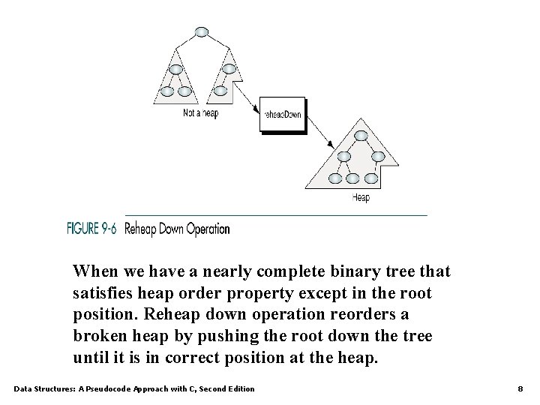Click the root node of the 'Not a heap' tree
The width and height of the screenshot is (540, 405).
click(x=200, y=32)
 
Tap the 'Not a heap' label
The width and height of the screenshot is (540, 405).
click(x=200, y=113)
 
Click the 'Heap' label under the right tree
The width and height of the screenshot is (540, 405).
click(x=361, y=198)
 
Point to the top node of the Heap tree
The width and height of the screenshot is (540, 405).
click(x=360, y=137)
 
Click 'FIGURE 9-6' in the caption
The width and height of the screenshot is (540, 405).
click(x=93, y=229)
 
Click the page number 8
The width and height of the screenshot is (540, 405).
click(x=520, y=388)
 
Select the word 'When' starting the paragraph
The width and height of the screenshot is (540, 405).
click(x=92, y=270)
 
